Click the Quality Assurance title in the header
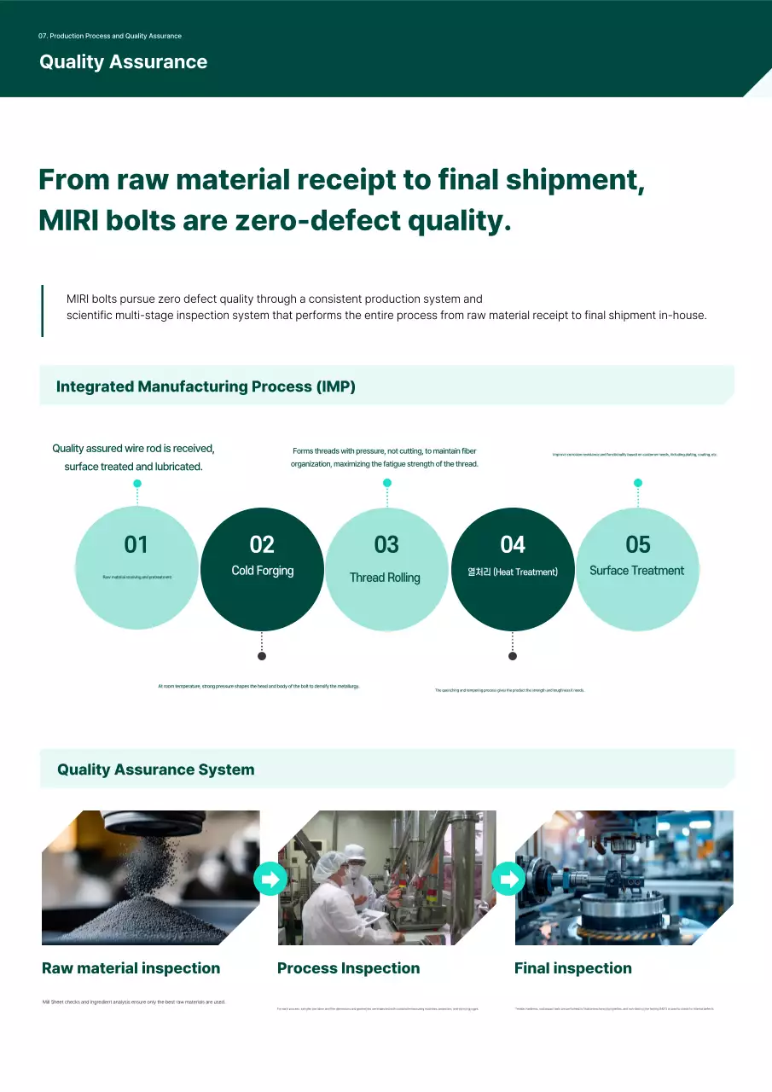point(123,62)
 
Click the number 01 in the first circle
point(136,544)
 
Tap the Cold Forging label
point(262,571)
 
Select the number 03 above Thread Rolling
point(386,544)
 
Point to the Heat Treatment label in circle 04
point(512,572)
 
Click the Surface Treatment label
point(636,571)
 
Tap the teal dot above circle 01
point(137,484)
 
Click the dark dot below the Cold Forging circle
point(262,656)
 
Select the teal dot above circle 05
point(637,483)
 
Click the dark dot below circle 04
point(512,656)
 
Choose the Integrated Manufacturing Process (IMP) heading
point(206,386)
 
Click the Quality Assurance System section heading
point(155,770)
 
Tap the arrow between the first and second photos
point(270,879)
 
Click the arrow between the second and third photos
point(508,879)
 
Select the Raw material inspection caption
point(131,968)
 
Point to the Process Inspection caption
point(348,968)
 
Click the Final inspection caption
point(572,968)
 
